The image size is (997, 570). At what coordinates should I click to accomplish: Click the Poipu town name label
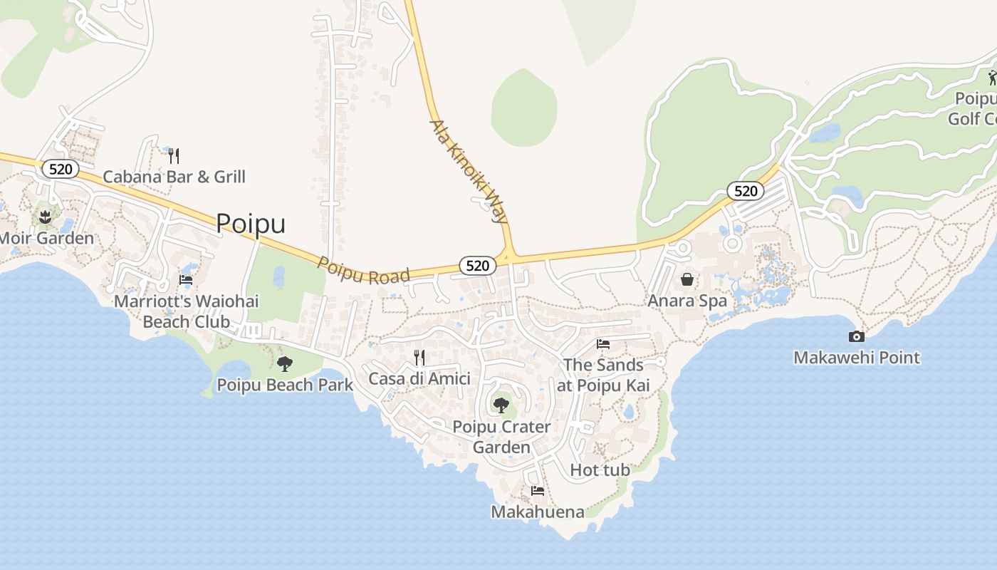point(251,224)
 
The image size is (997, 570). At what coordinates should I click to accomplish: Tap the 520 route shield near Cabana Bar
point(61,169)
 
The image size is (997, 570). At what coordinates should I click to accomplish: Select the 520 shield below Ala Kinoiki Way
point(477,266)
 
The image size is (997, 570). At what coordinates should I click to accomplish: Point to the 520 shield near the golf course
point(745,191)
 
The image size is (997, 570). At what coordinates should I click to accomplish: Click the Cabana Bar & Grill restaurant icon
point(174,155)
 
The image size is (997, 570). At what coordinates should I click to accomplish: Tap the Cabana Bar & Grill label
point(174,177)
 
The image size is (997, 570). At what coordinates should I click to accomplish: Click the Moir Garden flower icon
point(46,216)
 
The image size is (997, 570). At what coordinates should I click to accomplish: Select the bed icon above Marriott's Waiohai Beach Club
point(186,280)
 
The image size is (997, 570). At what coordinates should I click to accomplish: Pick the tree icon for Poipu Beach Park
point(284,364)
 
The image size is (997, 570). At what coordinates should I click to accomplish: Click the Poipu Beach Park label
point(284,385)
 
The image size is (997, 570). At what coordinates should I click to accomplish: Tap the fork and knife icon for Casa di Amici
point(419,357)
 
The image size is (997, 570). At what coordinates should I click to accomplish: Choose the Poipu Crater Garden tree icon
point(501,405)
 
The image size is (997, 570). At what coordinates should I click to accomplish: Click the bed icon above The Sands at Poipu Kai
point(603,344)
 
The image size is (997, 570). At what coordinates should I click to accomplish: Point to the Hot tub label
point(600,470)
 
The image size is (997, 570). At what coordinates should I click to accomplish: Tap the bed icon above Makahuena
point(538,491)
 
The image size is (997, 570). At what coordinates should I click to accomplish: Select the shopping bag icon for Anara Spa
point(687,279)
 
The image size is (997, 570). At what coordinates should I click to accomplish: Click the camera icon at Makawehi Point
point(857,336)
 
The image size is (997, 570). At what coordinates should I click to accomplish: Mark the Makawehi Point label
point(857,358)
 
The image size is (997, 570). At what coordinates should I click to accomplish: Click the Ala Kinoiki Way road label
point(469,171)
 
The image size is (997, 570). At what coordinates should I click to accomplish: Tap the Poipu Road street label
point(363,271)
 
